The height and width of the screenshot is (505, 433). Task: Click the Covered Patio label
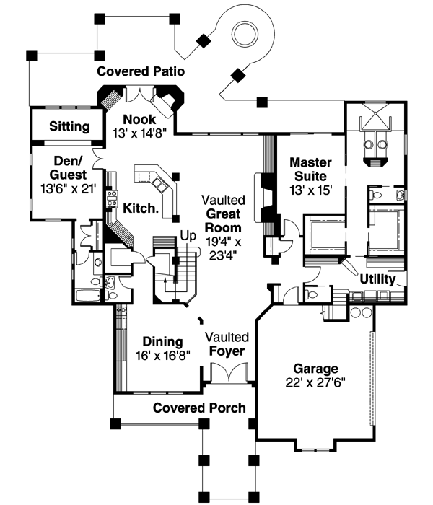(141, 71)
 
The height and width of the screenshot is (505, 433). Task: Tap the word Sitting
(69, 126)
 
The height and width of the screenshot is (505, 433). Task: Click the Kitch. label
(141, 208)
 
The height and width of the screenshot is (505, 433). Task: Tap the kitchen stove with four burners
(112, 198)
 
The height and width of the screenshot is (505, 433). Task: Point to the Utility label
(377, 279)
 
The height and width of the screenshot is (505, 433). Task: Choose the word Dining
(162, 341)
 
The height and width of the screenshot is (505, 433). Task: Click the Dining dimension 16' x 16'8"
(162, 356)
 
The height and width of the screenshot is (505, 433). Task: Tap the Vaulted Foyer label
(227, 344)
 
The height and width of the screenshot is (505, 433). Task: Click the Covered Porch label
(199, 408)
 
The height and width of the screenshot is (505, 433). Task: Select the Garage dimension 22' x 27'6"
(315, 382)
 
